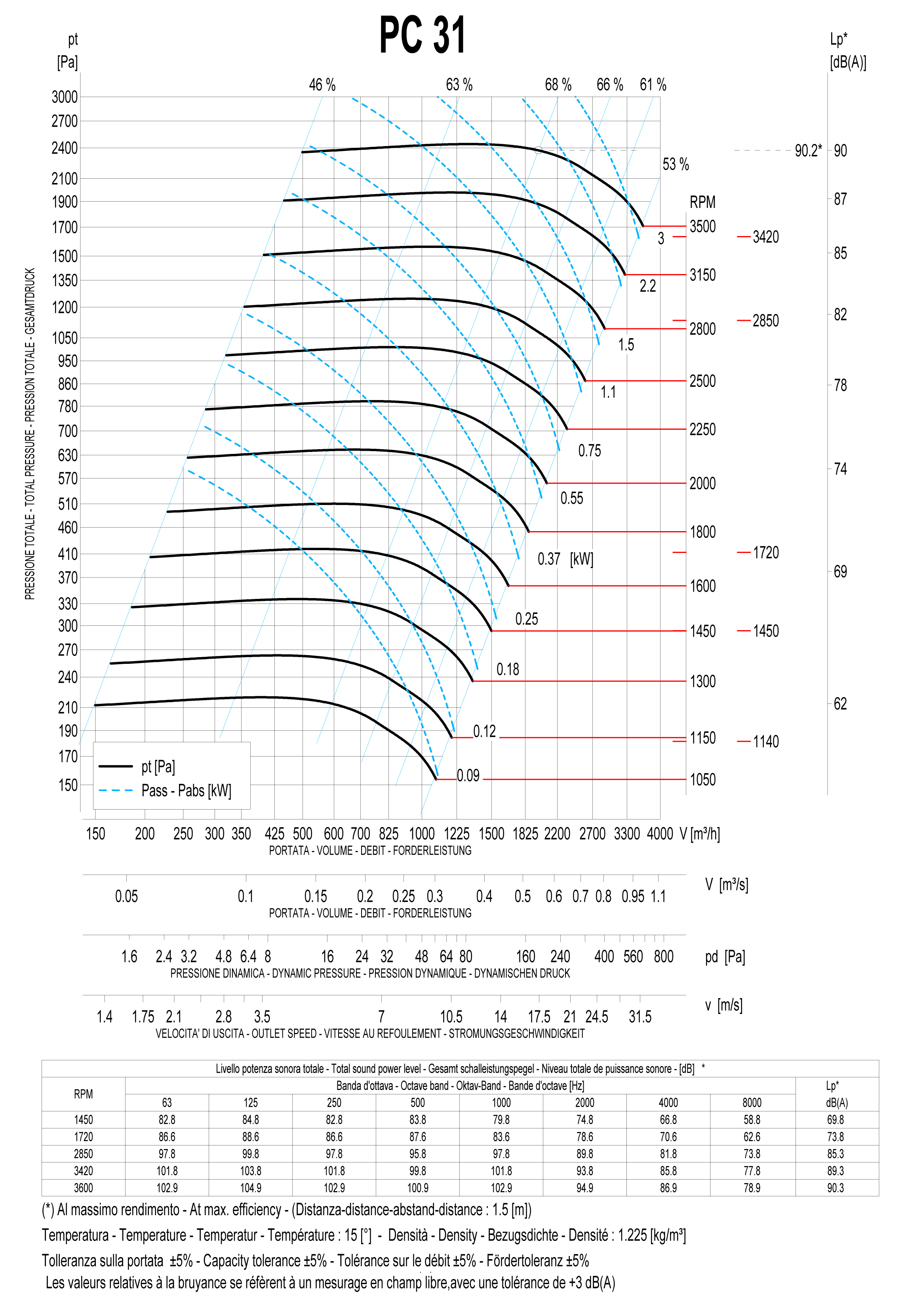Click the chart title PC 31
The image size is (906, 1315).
(423, 35)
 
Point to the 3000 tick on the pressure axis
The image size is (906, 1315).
(65, 97)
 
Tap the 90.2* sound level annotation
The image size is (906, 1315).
(808, 151)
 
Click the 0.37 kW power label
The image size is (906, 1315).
(549, 559)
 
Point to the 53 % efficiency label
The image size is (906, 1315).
(676, 165)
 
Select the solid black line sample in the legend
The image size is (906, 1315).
(115, 766)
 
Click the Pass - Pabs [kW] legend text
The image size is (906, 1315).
(186, 790)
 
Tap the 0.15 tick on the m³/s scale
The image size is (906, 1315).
(316, 897)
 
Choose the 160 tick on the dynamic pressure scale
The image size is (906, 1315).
(525, 957)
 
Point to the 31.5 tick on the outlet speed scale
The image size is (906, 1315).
(640, 1017)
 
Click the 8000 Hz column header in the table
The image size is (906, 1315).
(752, 1103)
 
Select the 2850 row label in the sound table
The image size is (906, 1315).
(84, 1154)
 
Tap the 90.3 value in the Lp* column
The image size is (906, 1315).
(836, 1188)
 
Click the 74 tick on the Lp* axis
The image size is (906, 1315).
(840, 469)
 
